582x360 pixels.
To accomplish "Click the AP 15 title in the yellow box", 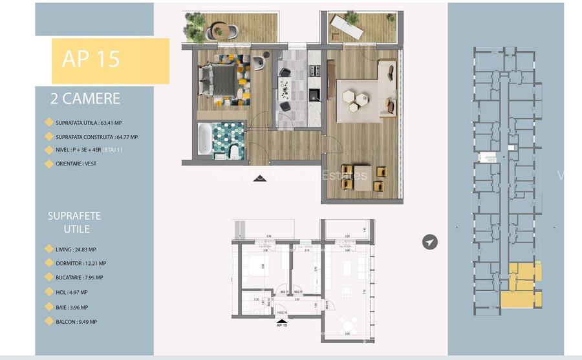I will pyautogui.click(x=91, y=59).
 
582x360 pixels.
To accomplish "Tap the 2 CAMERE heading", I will pyautogui.click(x=85, y=99).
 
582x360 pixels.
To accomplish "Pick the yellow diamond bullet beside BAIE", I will pyautogui.click(x=48, y=308).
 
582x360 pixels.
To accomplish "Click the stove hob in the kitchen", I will pyautogui.click(x=314, y=68).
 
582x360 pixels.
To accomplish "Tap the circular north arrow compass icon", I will pyautogui.click(x=430, y=242).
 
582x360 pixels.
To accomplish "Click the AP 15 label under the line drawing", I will pyautogui.click(x=281, y=324).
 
